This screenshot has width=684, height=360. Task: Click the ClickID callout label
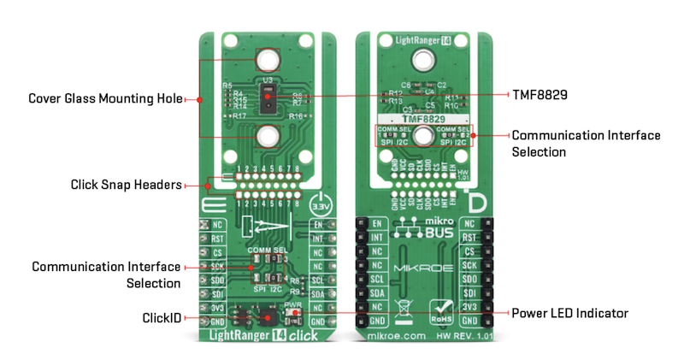162,317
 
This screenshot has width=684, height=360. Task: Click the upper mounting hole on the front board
268,60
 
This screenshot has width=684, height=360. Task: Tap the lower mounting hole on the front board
268,135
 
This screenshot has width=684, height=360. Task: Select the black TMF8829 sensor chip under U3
268,101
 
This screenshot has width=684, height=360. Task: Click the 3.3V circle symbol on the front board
319,206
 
